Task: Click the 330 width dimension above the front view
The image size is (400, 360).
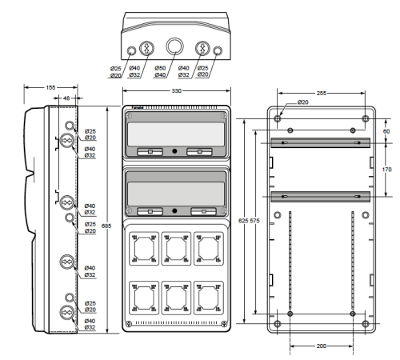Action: pos(176,91)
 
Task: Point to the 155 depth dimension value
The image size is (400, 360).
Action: pos(50,87)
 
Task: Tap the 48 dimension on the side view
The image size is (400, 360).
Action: pos(66,98)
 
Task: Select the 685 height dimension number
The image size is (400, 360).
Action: pos(106,226)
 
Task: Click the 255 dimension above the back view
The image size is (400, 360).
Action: pos(322,93)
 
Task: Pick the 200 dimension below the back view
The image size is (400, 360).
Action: pos(322,346)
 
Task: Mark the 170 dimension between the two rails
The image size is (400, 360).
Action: pos(387,170)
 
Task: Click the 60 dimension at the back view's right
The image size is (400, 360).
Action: pos(386,131)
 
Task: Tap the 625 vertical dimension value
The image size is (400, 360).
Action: pos(243,221)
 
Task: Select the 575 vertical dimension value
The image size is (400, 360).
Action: pos(254,221)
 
